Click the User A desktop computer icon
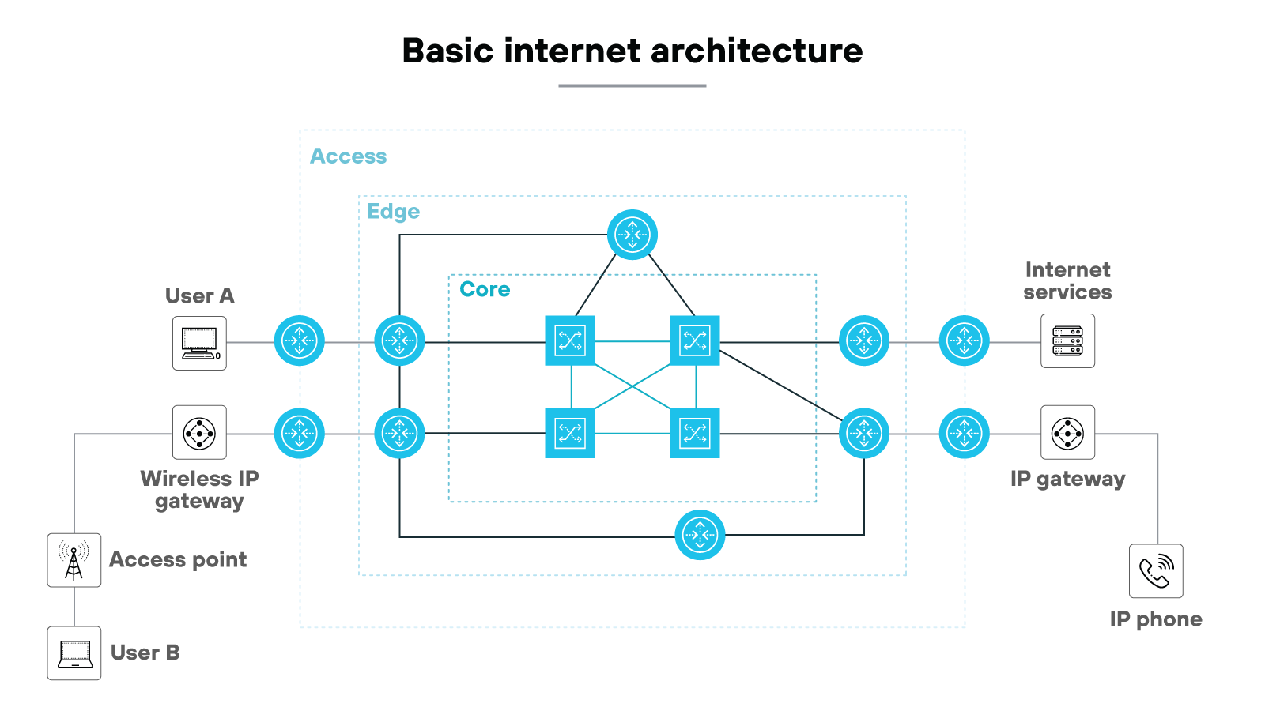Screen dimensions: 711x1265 click(x=199, y=343)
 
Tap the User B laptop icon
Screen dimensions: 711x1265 click(x=74, y=653)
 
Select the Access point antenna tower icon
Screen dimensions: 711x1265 click(x=74, y=560)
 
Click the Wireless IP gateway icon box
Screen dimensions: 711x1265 click(x=199, y=433)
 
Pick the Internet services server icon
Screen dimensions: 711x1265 click(x=1067, y=341)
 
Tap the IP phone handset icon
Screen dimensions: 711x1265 click(x=1156, y=571)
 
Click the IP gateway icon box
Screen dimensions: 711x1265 click(x=1067, y=433)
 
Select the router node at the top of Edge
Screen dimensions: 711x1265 click(x=632, y=235)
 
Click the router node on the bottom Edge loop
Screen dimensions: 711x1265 click(x=700, y=535)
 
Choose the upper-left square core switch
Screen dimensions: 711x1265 click(x=570, y=340)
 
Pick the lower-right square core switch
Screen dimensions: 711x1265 click(x=694, y=433)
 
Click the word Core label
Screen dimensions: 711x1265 click(x=485, y=289)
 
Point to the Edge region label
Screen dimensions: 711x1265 click(x=393, y=212)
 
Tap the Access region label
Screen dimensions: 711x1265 click(x=348, y=156)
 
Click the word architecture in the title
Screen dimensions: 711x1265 click(x=757, y=51)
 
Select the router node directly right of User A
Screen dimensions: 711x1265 click(x=300, y=340)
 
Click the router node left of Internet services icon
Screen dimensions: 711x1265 click(x=964, y=340)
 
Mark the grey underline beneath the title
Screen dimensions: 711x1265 click(x=632, y=85)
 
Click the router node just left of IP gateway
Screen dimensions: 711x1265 click(x=964, y=433)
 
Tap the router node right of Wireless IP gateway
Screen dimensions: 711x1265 click(x=300, y=433)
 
